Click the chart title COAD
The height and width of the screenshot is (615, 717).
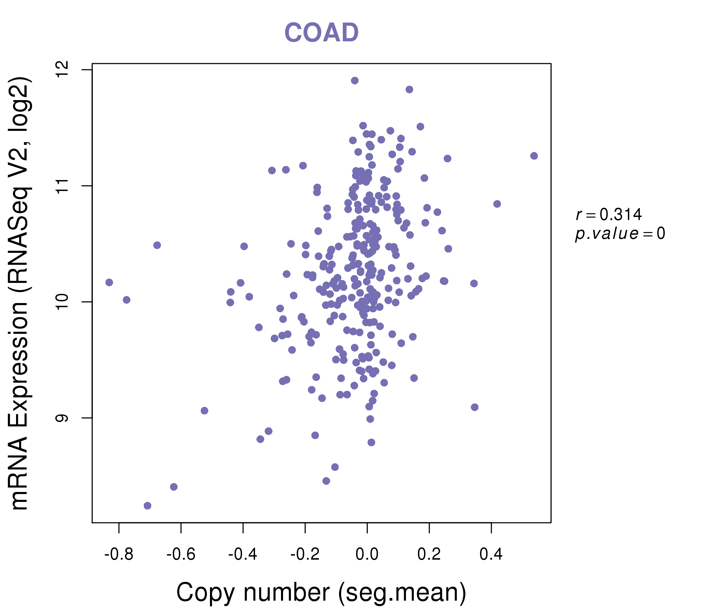tap(321, 32)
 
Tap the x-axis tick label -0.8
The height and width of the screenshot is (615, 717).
tap(119, 555)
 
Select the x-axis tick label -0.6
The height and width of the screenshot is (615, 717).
tap(181, 555)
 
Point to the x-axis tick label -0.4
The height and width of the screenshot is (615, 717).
tap(242, 555)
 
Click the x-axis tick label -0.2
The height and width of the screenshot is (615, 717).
tap(305, 555)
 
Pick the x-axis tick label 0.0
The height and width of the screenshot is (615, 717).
tap(367, 555)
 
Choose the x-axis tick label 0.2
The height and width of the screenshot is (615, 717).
tap(429, 555)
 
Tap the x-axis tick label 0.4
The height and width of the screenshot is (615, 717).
tap(491, 555)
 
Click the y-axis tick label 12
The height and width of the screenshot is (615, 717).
tap(62, 70)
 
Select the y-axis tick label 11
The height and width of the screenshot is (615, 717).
tap(62, 186)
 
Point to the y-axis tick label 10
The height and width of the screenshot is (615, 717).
tap(62, 302)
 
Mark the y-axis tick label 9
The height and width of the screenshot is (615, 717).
tap(62, 418)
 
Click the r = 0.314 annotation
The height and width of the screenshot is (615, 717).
tap(609, 215)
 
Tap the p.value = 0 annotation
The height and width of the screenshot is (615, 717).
tap(620, 234)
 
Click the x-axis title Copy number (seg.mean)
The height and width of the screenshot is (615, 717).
tap(321, 592)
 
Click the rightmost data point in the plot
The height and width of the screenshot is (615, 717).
tap(534, 156)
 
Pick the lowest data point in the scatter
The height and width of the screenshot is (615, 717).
tap(147, 506)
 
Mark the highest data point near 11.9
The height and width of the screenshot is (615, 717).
tap(355, 81)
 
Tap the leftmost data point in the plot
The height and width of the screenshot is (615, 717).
tap(109, 283)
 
